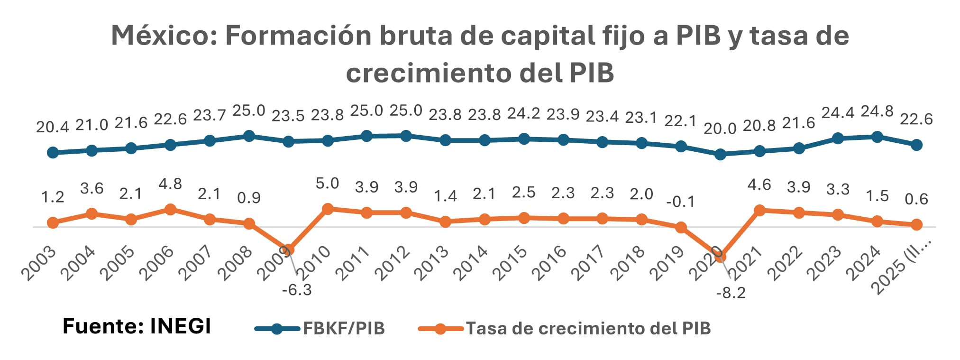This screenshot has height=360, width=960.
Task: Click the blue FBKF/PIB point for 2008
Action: pos(249,136)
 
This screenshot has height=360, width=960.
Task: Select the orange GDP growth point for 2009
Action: pos(288,249)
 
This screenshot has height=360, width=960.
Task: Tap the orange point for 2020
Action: pos(720,257)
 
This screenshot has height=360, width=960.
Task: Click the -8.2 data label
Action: pos(731,293)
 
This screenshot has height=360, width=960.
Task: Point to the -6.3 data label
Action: pos(297,290)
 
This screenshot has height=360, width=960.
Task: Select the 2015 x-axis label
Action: pos(510,264)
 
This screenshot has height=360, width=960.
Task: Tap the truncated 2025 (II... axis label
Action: pos(903,267)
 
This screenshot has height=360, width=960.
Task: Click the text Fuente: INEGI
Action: pos(137,327)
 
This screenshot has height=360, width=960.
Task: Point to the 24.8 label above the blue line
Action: pos(877,112)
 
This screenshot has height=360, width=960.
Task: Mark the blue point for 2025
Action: pos(916,145)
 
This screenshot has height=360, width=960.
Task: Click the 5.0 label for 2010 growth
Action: pos(327,183)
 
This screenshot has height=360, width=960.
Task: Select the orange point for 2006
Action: pos(170,209)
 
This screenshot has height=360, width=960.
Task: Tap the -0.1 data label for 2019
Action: pos(680,202)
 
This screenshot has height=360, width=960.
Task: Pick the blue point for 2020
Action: pos(720,154)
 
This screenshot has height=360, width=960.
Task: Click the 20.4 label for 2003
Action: pos(53,127)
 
